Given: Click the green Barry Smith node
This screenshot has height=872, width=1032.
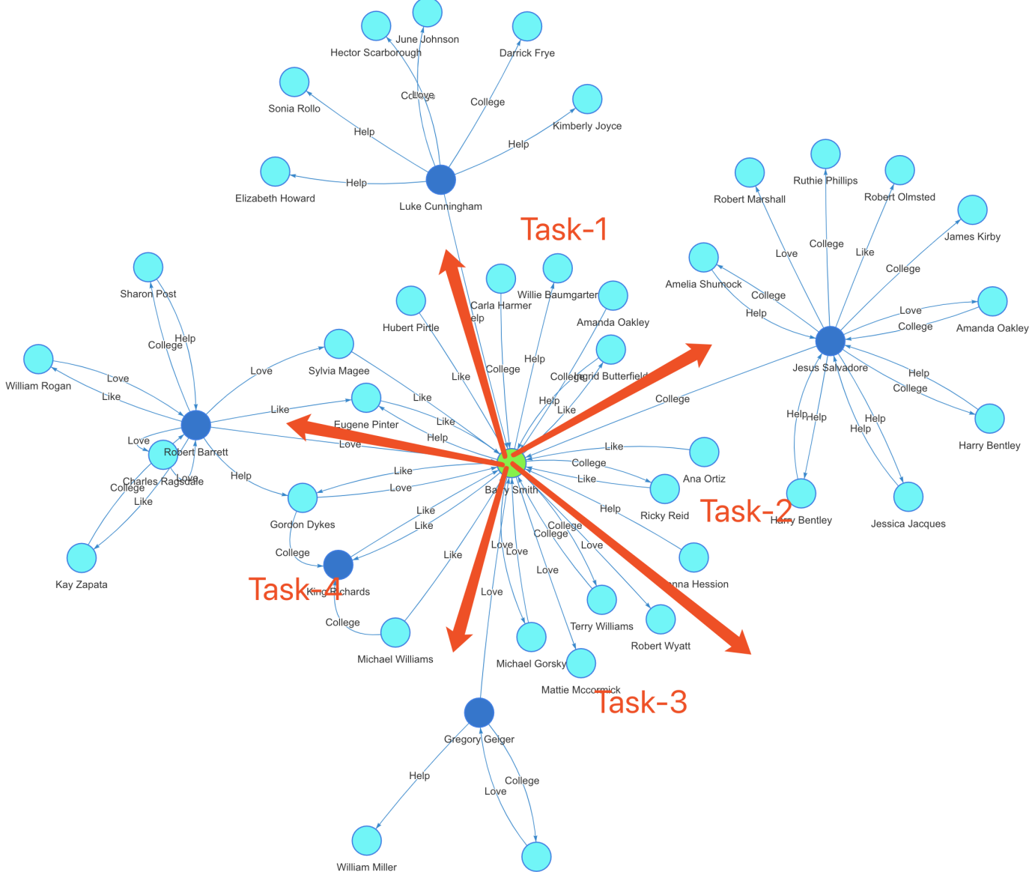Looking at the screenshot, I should [x=511, y=463].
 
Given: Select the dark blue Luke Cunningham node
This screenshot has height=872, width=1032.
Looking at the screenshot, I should [x=440, y=180].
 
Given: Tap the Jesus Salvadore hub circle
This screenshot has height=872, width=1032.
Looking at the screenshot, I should [x=830, y=341].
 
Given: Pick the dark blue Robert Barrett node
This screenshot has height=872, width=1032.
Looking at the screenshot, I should [x=195, y=425].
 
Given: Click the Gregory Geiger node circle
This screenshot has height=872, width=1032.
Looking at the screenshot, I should [x=479, y=712].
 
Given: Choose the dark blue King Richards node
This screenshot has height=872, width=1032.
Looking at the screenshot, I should [x=338, y=565].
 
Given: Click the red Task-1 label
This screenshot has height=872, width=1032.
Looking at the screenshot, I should [x=563, y=229].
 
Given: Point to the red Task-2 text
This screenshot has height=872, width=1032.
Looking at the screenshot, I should [x=746, y=512].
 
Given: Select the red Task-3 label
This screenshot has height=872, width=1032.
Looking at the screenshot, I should [x=641, y=702].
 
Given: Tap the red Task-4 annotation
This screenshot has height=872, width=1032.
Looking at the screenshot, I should [x=294, y=590].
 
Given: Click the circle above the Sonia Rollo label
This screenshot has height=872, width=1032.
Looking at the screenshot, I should [x=294, y=82].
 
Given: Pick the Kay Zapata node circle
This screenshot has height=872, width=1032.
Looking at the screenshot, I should [x=82, y=557].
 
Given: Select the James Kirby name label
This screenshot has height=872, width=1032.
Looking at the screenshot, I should [x=972, y=237].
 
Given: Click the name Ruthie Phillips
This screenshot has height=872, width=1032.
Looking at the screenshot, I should [x=825, y=181].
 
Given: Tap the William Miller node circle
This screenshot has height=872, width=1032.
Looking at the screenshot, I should [x=366, y=841].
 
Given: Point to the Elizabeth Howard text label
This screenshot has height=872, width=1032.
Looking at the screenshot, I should [x=275, y=199].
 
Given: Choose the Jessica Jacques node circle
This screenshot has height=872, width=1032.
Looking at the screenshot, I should [x=908, y=497].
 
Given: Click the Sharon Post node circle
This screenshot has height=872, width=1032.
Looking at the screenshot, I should [x=148, y=267].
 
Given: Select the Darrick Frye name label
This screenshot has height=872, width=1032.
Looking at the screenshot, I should [x=527, y=53].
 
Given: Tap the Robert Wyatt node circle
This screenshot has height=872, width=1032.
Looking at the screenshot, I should [x=661, y=619].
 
